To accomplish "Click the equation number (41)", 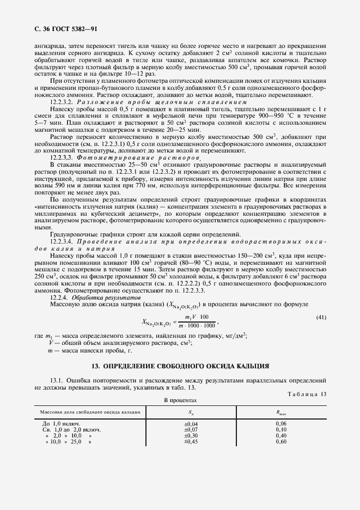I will [x=321, y=317].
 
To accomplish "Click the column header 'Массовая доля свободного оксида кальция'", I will [x=87, y=412].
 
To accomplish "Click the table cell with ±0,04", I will [x=192, y=423].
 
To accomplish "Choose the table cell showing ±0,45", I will [x=192, y=441].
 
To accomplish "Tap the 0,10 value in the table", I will [x=281, y=429].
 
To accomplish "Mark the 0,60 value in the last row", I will [x=281, y=441].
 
